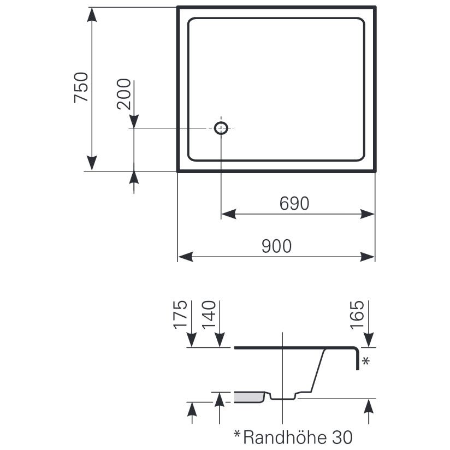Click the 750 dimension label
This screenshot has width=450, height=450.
(x=81, y=87)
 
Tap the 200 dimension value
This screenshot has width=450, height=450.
(x=124, y=94)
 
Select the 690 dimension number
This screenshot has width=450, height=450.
(x=294, y=204)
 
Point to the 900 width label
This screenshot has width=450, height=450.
(x=277, y=246)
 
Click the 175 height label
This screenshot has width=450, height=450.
(x=180, y=315)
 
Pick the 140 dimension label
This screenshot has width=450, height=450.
(x=209, y=315)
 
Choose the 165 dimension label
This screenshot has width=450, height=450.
(x=357, y=315)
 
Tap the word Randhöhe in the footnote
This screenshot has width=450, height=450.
(x=285, y=437)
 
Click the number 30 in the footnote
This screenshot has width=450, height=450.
(x=342, y=437)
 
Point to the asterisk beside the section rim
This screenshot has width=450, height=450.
(x=366, y=361)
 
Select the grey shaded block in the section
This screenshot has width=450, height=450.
(x=249, y=397)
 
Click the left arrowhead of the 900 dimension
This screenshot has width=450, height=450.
(x=185, y=257)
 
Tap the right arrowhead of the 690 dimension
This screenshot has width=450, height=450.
(x=368, y=214)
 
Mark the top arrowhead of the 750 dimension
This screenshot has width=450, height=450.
(x=92, y=15)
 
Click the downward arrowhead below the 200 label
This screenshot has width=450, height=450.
(x=134, y=121)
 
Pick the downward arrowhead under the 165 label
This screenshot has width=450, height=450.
(x=369, y=340)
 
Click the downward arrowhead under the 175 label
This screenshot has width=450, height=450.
(x=192, y=340)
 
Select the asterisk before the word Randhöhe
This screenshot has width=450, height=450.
(x=238, y=434)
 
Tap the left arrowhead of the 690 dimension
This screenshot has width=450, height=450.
(x=229, y=214)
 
